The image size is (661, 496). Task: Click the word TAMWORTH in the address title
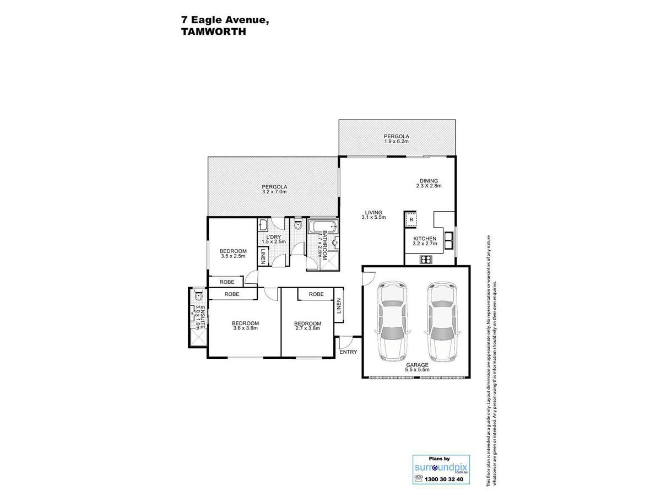pyautogui.click(x=214, y=31)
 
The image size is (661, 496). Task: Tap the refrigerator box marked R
pyautogui.click(x=411, y=219)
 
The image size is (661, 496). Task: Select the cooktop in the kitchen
pyautogui.click(x=426, y=259)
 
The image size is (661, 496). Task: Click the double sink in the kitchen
pyautogui.click(x=448, y=240)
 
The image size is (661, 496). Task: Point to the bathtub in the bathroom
pyautogui.click(x=323, y=226)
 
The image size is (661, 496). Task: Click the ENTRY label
pyautogui.click(x=348, y=352)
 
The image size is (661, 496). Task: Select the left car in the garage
pyautogui.click(x=392, y=321)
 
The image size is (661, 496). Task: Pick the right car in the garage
pyautogui.click(x=442, y=321)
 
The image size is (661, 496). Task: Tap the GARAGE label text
pyautogui.click(x=417, y=365)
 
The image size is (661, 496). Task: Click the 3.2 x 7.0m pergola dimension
pyautogui.click(x=274, y=192)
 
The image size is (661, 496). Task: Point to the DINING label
pyautogui.click(x=429, y=181)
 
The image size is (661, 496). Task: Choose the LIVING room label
pyautogui.click(x=373, y=212)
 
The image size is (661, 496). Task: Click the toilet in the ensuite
pyautogui.click(x=198, y=295)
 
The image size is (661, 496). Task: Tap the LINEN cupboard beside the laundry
pyautogui.click(x=263, y=256)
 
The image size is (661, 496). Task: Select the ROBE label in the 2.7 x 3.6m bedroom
pyautogui.click(x=316, y=294)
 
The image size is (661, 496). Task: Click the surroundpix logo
pyautogui.click(x=441, y=468)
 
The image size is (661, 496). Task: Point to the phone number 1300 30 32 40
pyautogui.click(x=444, y=479)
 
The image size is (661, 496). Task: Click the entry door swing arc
pyautogui.click(x=347, y=341)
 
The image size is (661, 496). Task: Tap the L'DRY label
pyautogui.click(x=273, y=237)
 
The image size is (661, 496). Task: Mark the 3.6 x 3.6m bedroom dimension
pyautogui.click(x=246, y=328)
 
